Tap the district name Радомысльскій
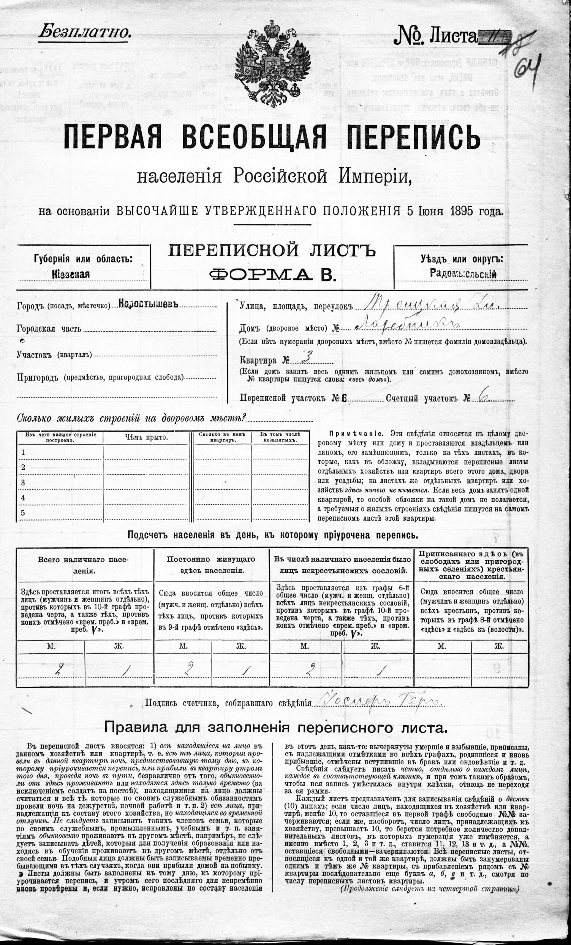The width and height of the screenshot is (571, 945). click(463, 274)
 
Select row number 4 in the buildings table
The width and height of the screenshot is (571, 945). click(23, 498)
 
